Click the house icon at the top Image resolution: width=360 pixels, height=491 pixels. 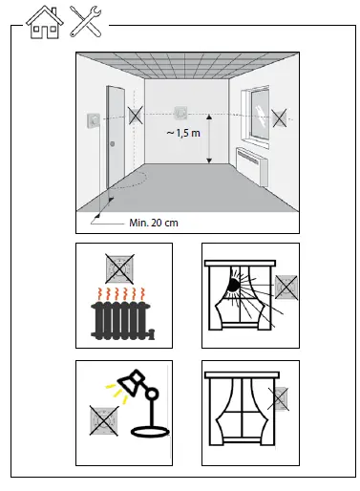[43, 21]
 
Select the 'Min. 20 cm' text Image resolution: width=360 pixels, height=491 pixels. [154, 223]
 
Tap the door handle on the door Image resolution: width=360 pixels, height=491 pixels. [113, 145]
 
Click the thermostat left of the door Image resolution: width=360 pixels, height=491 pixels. [91, 120]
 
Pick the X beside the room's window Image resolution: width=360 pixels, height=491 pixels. [278, 117]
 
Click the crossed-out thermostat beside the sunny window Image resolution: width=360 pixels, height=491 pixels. [286, 286]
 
